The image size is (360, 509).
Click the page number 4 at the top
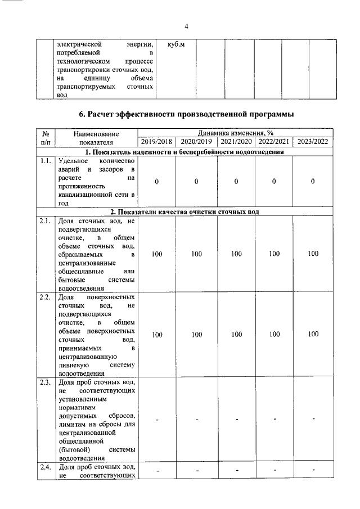pyautogui.click(x=186, y=26)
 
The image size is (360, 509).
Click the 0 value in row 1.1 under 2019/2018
pyautogui.click(x=157, y=182)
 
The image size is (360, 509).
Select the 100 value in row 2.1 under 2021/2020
pyautogui.click(x=236, y=254)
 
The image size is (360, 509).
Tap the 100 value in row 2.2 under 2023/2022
pyautogui.click(x=313, y=335)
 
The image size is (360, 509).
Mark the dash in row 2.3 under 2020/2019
pyautogui.click(x=196, y=420)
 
